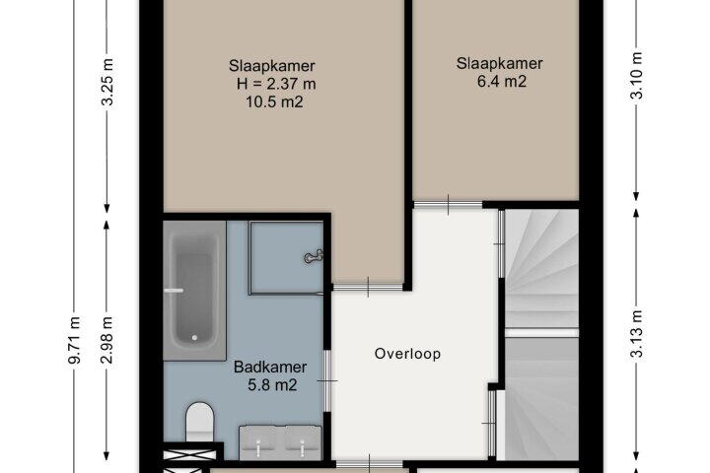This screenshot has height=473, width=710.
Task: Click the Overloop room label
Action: (407, 354)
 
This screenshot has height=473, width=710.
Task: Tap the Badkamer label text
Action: (270, 367)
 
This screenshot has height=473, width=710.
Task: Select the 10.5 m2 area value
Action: (274, 101)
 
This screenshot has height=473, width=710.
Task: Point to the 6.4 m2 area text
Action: (502, 82)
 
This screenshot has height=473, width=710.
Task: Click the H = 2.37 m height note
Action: (276, 84)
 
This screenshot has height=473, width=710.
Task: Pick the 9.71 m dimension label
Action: (74, 340)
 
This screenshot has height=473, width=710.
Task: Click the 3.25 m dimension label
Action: (107, 82)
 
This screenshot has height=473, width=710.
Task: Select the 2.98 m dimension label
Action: (107, 340)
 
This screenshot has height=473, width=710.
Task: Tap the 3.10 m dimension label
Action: (637, 76)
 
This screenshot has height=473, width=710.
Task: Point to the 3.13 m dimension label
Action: (637, 334)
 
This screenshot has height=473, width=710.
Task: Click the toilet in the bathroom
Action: (199, 422)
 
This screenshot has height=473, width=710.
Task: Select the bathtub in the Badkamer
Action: (194, 291)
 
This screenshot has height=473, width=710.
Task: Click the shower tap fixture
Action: (314, 256)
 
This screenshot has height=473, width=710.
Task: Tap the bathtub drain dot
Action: (194, 337)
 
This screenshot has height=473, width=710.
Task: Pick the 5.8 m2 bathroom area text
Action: (272, 385)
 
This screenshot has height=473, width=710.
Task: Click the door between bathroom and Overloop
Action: (327, 380)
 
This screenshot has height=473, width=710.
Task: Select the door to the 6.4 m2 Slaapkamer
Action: (449, 205)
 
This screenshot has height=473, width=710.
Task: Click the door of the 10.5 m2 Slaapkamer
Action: (368, 287)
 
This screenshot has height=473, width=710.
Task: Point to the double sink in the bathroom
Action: (280, 442)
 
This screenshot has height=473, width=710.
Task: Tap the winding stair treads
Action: (541, 269)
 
